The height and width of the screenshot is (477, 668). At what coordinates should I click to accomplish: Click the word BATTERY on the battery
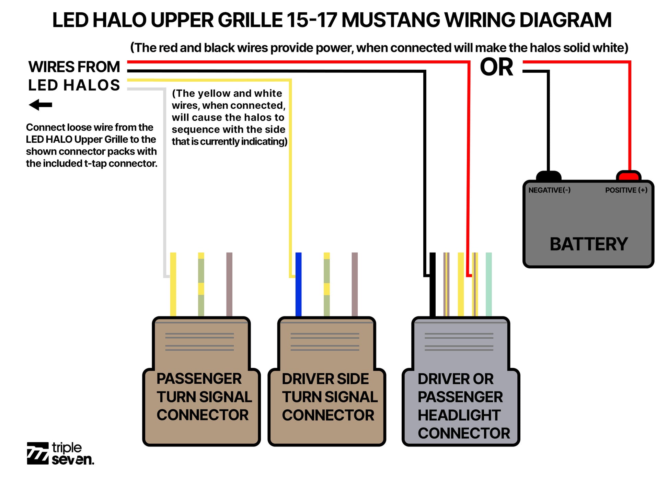coord(588,244)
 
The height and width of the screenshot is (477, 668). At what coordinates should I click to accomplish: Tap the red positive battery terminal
coord(629,176)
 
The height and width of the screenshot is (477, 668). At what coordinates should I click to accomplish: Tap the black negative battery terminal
coord(548,176)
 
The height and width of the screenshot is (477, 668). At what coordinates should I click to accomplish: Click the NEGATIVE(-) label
coord(549,190)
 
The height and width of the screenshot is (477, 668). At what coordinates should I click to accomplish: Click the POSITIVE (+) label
coord(626,190)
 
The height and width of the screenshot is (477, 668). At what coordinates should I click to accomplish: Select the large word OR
coord(496,67)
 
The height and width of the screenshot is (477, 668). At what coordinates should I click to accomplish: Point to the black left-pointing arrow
coord(41,105)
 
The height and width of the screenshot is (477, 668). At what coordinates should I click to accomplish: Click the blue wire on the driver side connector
coord(298,285)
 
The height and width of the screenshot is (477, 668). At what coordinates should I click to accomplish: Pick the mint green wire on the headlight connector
coord(488,285)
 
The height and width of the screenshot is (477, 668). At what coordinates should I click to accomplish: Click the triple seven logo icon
coord(38,453)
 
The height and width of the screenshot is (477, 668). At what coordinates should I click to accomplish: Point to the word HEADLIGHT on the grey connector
coord(459,415)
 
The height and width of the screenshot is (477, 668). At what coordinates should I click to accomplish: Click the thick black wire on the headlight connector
coord(433,285)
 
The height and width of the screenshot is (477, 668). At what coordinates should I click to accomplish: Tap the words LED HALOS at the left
coord(74,85)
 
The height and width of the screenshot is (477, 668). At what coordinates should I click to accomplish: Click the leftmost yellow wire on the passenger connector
coord(173,285)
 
